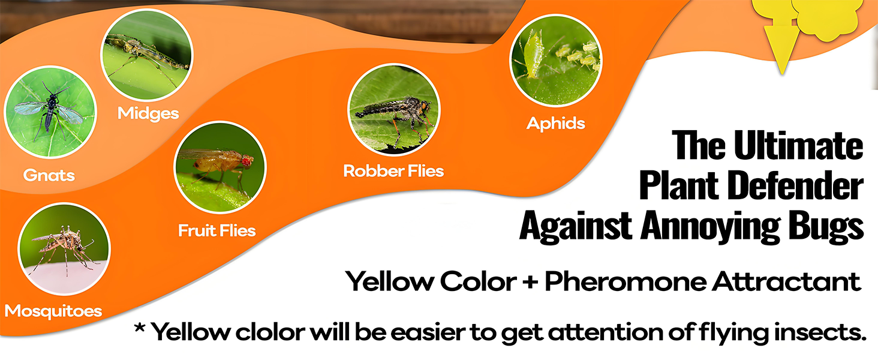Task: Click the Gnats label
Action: (49, 175)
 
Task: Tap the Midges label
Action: (148, 113)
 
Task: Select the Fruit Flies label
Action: (217, 230)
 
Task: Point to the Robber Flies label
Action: (393, 171)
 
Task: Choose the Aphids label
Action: (556, 124)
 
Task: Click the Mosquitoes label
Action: (53, 311)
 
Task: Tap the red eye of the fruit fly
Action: (247, 160)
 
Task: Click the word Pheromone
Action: (626, 281)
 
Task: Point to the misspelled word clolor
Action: (270, 332)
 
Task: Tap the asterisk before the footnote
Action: (140, 328)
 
